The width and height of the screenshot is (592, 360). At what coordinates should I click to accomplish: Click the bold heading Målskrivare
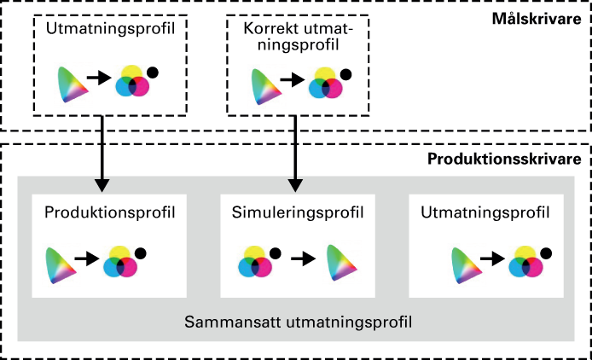[x=537, y=19]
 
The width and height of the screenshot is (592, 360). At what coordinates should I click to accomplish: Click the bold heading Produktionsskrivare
[x=504, y=159]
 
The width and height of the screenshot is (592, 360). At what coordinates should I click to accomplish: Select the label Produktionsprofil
[x=110, y=212]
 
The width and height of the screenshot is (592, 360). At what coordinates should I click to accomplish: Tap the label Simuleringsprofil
[x=298, y=212]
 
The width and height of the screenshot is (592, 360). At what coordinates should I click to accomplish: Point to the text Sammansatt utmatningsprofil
[x=298, y=322]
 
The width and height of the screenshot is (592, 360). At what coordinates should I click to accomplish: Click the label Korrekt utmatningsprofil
[x=298, y=37]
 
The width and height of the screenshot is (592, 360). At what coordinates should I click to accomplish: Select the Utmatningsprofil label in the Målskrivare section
[x=110, y=29]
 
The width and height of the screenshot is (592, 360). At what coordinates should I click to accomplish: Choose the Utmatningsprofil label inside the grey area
[x=485, y=212]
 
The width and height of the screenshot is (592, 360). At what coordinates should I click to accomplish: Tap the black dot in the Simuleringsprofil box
[x=276, y=253]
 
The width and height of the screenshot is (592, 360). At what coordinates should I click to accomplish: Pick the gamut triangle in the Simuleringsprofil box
[x=340, y=264]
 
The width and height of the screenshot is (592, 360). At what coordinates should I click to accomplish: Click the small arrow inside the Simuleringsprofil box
[x=303, y=259]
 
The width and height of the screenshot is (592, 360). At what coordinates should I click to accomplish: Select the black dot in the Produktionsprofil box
[x=141, y=253]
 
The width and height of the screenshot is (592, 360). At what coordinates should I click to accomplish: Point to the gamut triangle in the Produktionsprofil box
[x=59, y=265]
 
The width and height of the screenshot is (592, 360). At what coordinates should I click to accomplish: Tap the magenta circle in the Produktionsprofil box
[x=127, y=267]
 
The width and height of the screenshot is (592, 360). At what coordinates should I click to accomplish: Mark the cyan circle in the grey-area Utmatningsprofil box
[x=519, y=267]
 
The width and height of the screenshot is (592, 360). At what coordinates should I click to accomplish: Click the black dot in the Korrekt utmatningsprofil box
[x=345, y=75]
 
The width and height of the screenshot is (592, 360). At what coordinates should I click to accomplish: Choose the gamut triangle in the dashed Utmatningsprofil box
[x=72, y=84]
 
